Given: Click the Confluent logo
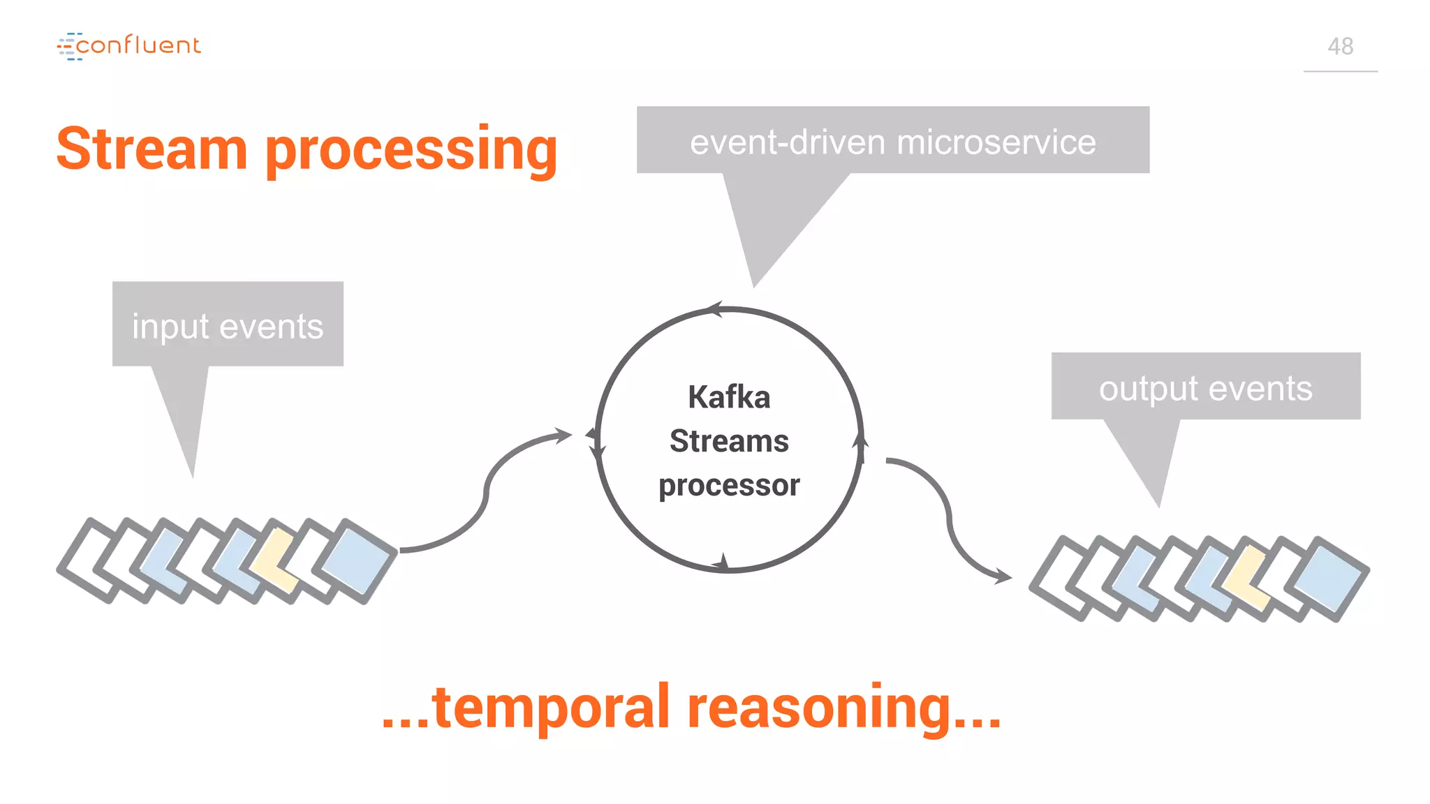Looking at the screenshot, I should point(129,46).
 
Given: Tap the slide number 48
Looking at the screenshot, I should point(1340,47).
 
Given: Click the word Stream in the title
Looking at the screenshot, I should point(152,149).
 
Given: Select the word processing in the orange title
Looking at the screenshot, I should point(411,151).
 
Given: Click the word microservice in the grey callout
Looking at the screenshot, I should point(996,142).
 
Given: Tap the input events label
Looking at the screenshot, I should point(228,326).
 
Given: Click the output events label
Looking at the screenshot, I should point(1205,388).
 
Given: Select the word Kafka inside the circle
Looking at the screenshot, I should point(729,397).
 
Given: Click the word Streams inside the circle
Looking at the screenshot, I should point(729,441).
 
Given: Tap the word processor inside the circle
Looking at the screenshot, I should point(729,485).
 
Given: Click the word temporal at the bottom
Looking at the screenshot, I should point(552,706).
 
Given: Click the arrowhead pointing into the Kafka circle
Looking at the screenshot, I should point(564,435).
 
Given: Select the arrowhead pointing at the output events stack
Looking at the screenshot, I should point(1004,576).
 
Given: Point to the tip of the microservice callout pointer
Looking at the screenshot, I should point(753,285).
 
